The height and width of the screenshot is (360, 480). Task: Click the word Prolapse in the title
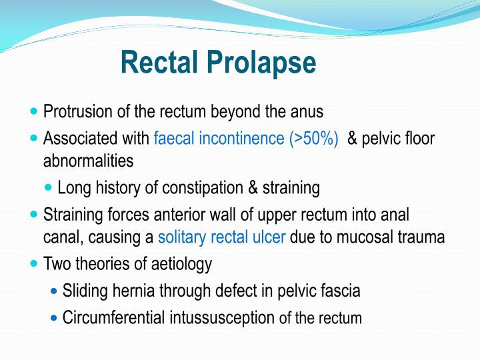(261, 63)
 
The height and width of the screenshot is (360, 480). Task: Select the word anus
(307, 111)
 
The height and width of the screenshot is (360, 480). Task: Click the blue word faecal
(173, 139)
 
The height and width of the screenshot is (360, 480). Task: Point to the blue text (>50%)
(314, 139)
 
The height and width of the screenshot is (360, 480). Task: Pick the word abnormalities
(88, 161)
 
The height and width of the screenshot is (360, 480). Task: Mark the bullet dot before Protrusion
(35, 111)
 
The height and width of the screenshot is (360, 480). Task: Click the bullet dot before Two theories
(35, 264)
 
